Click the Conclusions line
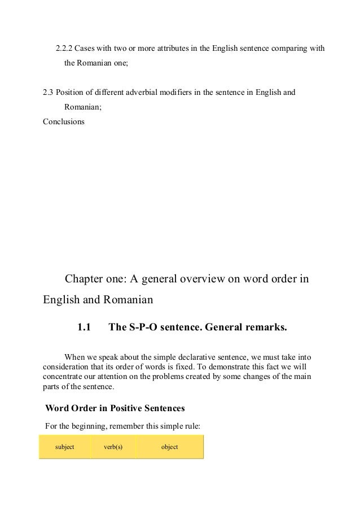[x=63, y=120]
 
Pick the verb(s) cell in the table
[x=113, y=447]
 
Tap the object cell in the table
[x=169, y=447]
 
